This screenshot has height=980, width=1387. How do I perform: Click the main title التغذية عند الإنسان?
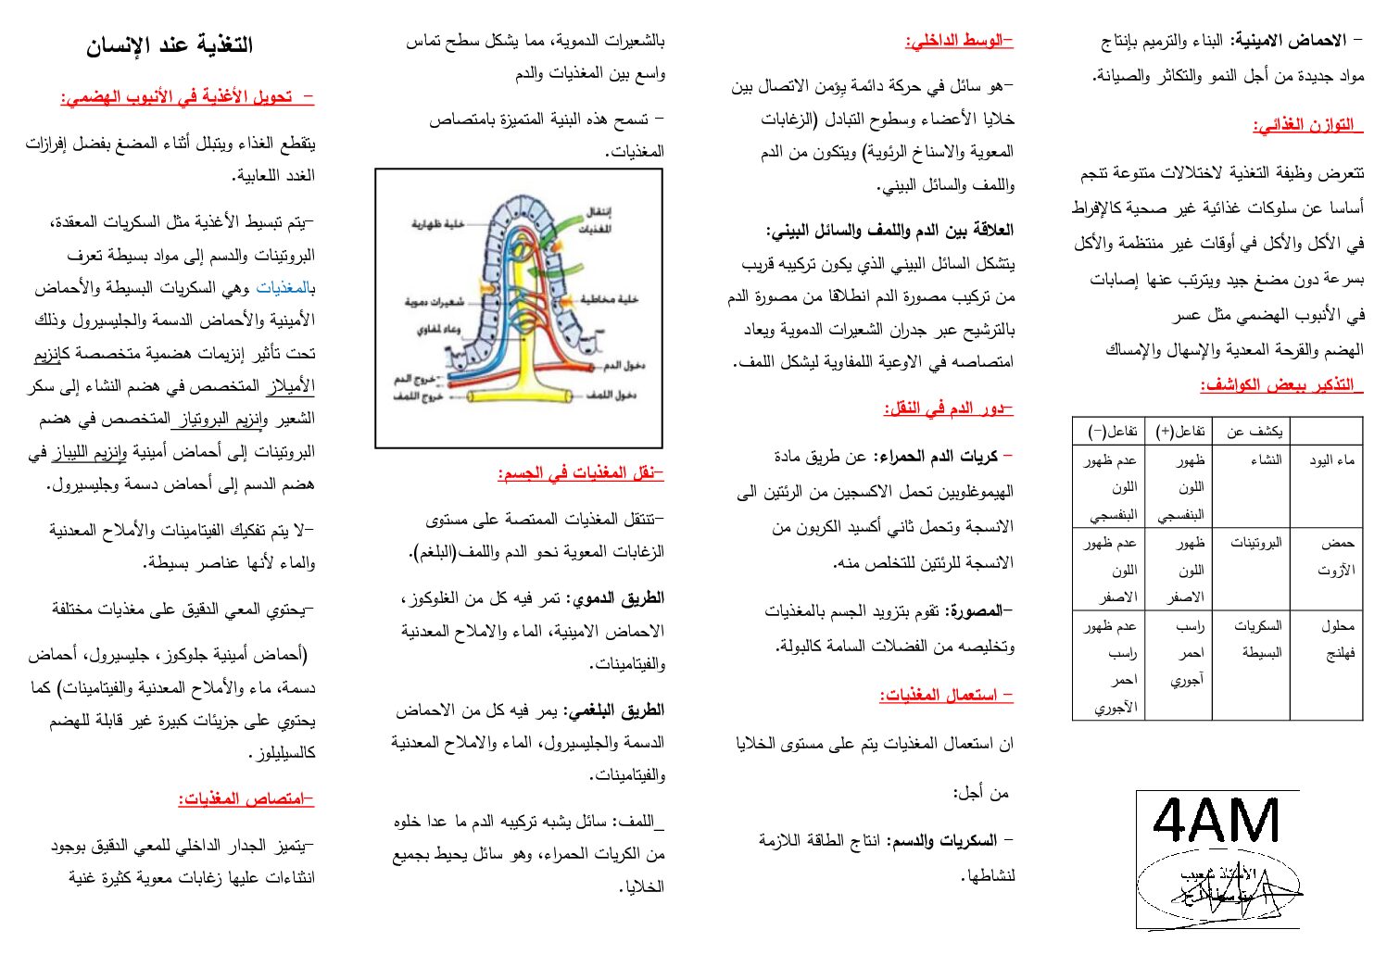tap(169, 45)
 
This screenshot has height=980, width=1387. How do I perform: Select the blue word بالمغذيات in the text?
tap(285, 288)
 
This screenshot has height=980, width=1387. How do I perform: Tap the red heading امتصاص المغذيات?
tap(246, 798)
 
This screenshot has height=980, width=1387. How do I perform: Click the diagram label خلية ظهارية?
tap(438, 224)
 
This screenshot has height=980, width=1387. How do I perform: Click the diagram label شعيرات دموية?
tap(434, 302)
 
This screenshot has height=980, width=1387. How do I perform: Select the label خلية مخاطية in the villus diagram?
tap(609, 299)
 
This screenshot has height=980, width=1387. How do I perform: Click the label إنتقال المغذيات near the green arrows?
tap(598, 220)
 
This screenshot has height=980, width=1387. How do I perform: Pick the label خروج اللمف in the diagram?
tap(419, 396)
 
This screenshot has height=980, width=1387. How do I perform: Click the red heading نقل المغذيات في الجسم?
tap(581, 473)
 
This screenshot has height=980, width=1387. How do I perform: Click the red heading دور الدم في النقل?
tap(949, 408)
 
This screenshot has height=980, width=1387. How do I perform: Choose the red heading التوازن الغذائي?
tap(1307, 125)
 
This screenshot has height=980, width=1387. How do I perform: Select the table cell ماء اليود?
tap(1331, 460)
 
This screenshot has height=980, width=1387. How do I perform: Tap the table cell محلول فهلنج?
tap(1338, 639)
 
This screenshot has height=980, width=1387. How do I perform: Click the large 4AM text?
tap(1217, 821)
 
